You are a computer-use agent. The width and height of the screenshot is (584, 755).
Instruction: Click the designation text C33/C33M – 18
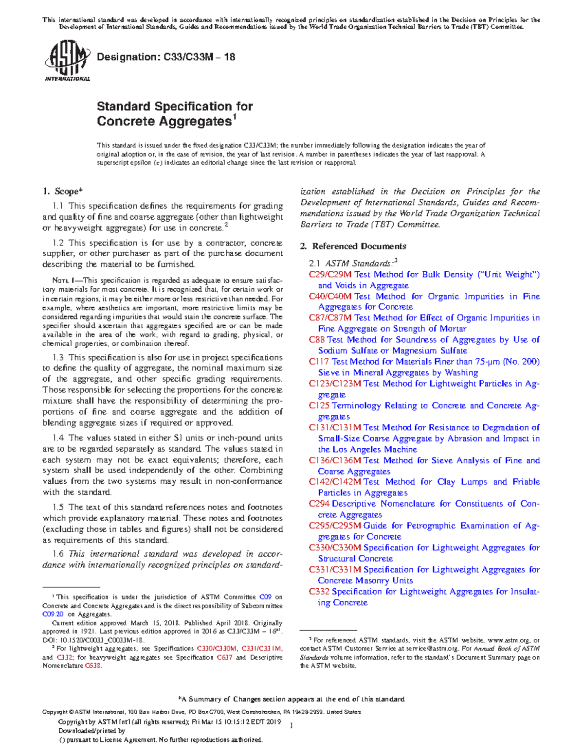click(166, 57)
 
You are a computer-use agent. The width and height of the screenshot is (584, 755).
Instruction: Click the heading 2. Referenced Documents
click(353, 246)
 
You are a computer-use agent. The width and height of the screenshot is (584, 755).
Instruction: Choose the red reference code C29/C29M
click(330, 275)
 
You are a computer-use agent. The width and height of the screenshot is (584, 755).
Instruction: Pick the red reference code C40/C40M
click(330, 297)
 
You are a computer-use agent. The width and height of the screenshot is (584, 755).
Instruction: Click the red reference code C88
click(316, 340)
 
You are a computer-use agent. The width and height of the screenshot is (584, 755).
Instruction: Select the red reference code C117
click(319, 362)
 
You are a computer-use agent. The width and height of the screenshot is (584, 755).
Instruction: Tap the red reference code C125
click(319, 406)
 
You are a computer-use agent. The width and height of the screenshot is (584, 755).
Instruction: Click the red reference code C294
click(319, 504)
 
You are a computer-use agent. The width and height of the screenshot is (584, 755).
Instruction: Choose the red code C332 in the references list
click(319, 592)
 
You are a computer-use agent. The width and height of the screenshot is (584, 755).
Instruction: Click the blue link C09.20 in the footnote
click(53, 615)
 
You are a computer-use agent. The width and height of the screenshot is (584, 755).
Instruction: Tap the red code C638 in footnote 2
click(93, 666)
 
